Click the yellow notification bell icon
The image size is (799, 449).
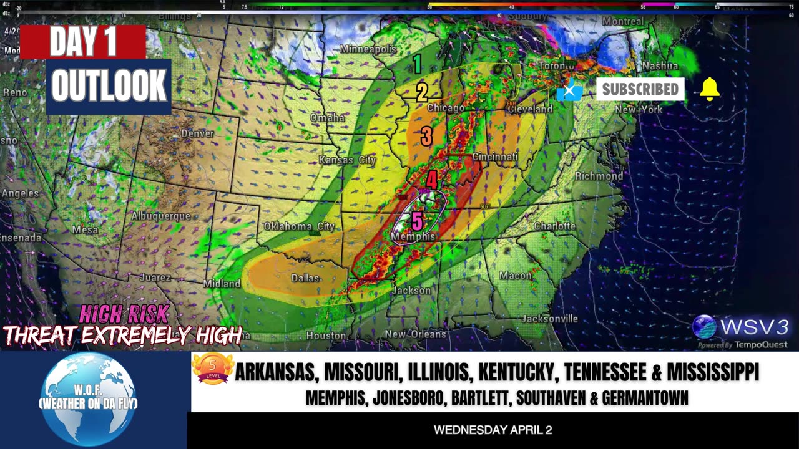pos(710,90)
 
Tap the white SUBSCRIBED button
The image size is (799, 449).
pos(640,89)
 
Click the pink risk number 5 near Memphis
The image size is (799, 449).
pos(417,221)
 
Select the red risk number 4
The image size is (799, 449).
pos(431,180)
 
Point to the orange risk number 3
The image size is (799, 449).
pos(426,136)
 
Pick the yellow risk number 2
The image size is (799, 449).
pos(422,92)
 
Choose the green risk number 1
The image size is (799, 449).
pos(417,64)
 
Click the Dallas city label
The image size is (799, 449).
pos(305,278)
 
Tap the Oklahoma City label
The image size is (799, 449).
pos(299,226)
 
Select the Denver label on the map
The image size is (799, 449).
pos(197,133)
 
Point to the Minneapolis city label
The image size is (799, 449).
pos(368,49)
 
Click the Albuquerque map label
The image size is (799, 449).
pos(160,216)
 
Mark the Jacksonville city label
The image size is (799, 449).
pos(549,319)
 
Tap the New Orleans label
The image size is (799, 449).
pos(415,334)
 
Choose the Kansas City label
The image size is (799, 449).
pos(347,160)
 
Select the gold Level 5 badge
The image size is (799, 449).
pos(212,369)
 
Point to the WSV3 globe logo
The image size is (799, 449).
pos(704,327)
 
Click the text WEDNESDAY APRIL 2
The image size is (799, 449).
pos(493,430)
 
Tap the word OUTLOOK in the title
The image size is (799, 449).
pos(109,86)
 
